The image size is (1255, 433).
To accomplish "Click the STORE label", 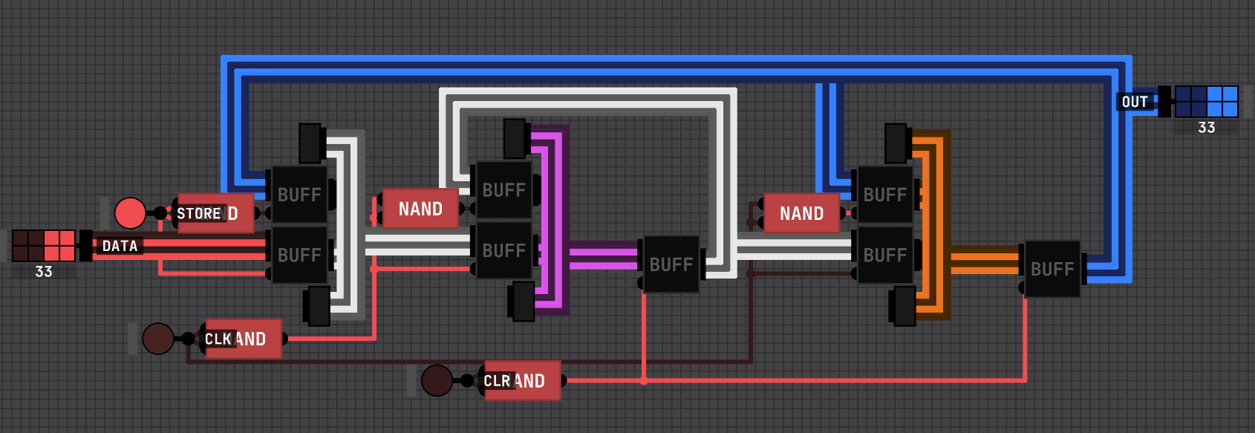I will pos(199,214).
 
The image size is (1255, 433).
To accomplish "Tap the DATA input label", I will pos(120,246).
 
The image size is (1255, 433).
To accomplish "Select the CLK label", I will pos(218,339).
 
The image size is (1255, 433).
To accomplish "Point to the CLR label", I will pos(497,381).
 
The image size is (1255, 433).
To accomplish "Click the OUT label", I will pos(1135,102).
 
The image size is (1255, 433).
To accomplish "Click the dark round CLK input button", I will pos(158,339).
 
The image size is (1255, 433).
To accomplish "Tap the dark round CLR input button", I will pos(437,380).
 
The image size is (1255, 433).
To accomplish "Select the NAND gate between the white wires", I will pos(420,209).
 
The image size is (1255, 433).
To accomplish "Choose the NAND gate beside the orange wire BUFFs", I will pos(801,214).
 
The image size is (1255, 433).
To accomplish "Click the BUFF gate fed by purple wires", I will pos(671,264).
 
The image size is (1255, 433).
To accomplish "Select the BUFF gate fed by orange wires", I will pos(1052,269).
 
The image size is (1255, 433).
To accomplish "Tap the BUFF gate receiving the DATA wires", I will pos(299,255).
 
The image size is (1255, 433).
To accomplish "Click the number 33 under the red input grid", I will pos(44,272).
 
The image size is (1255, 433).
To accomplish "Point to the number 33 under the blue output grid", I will pos(1207,128).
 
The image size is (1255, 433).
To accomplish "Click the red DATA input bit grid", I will pos(44,246).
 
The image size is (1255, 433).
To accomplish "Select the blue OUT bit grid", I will pos(1207,102).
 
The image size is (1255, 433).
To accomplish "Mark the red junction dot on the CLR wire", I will pos(644,381).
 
